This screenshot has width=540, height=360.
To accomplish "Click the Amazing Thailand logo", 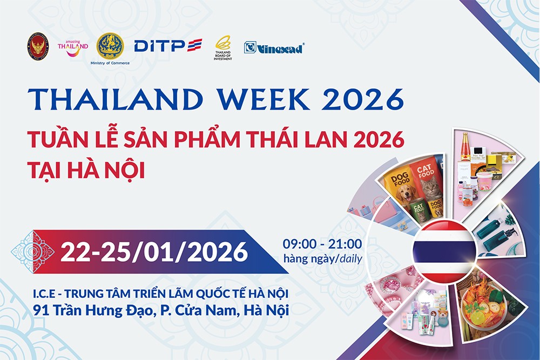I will (73, 45).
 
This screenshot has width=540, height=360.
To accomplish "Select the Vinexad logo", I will (274, 47).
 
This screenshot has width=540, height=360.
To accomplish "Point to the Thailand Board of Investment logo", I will (222, 46).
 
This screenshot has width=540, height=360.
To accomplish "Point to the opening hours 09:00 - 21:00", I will (322, 244).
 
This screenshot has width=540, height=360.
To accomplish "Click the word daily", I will (350, 259).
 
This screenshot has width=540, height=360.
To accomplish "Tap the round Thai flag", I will (444, 252).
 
